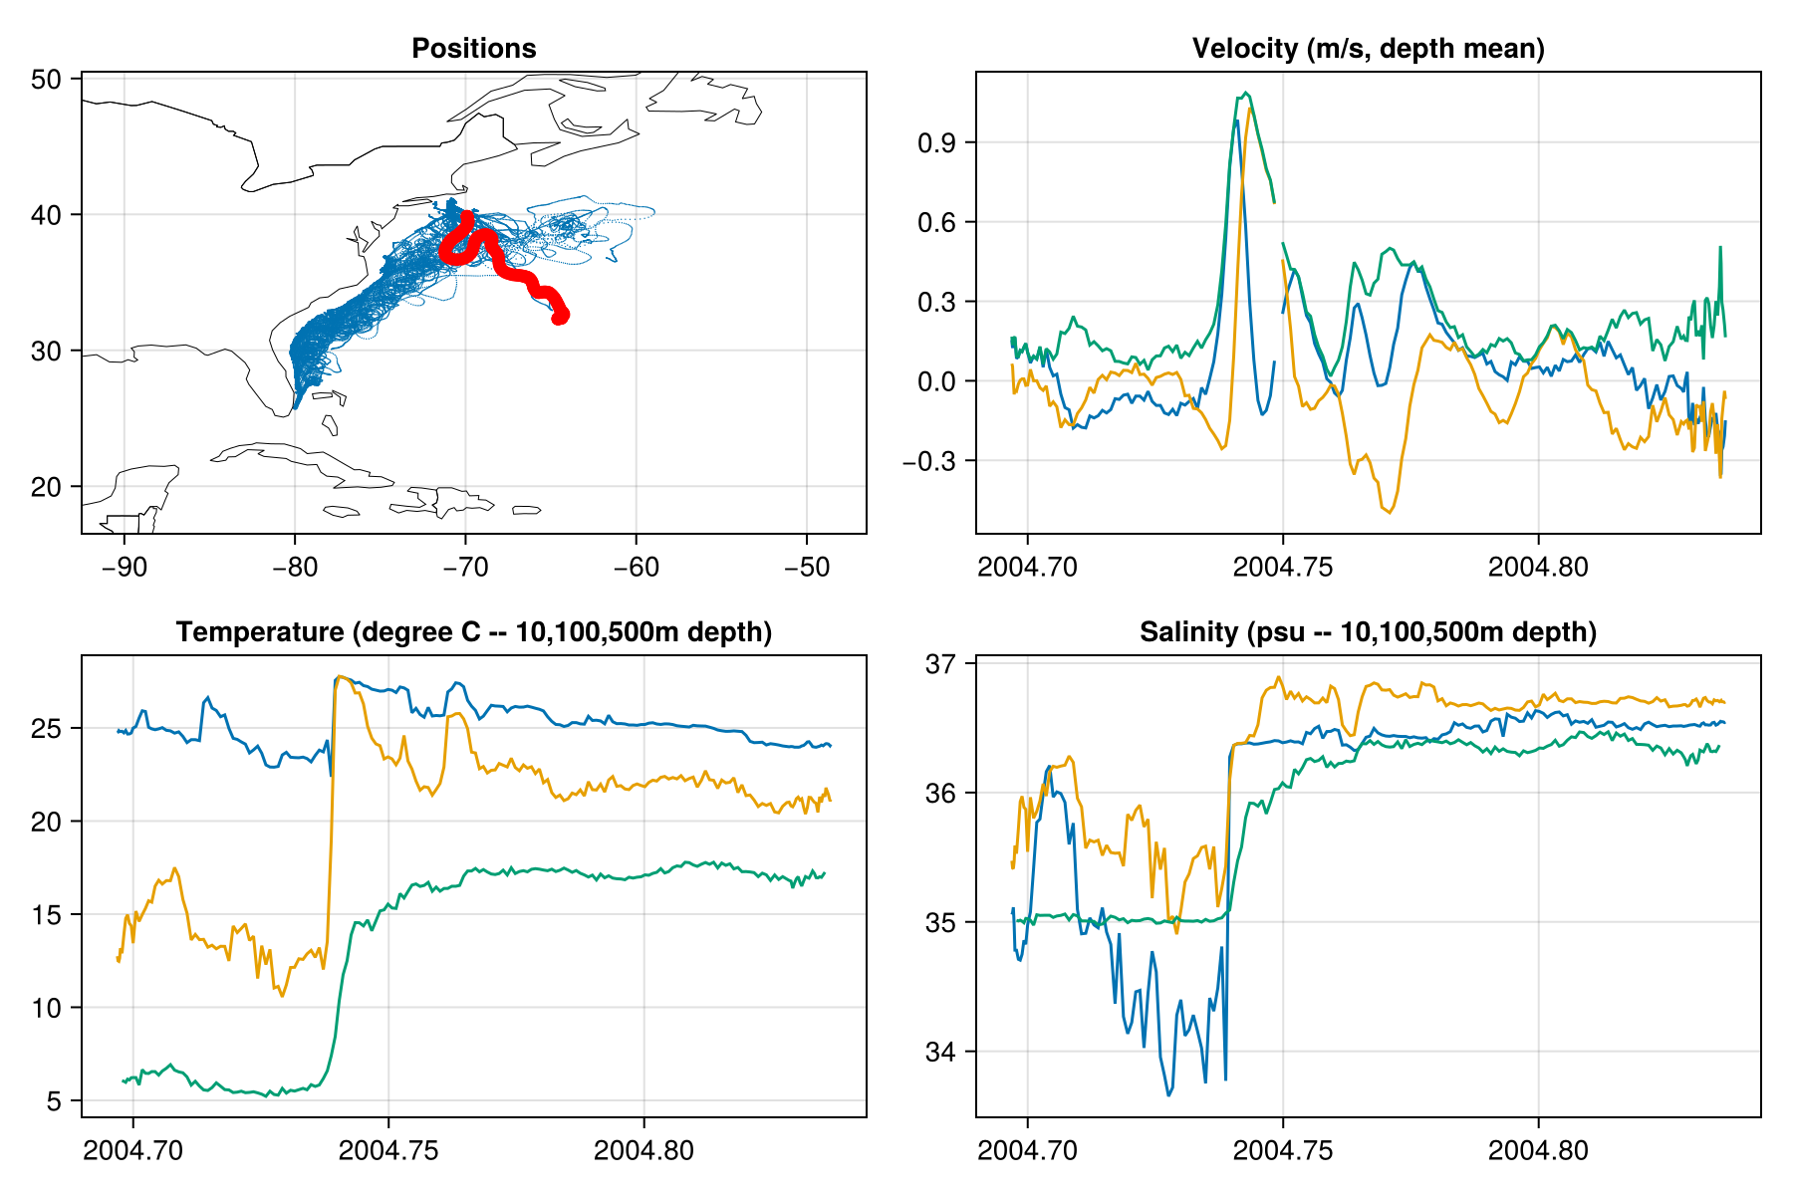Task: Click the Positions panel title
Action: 473,48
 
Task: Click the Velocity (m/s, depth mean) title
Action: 1368,48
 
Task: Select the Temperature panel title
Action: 473,631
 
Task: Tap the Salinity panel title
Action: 1368,631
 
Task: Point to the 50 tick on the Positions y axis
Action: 47,79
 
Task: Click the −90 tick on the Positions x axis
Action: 124,567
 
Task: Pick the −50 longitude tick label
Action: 806,567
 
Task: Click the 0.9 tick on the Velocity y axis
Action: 936,142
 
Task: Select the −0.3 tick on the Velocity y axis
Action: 928,461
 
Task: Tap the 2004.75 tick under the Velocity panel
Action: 1282,567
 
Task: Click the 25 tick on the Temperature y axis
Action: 47,728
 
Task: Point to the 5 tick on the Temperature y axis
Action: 54,1100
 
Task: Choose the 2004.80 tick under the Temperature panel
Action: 643,1150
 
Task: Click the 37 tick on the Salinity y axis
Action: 941,663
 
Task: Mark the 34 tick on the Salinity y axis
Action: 941,1052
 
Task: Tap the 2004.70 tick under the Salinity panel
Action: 1027,1150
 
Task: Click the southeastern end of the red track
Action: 560,316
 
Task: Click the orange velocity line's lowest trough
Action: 1390,512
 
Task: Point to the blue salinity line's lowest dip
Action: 1169,1095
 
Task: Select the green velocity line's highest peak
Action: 1246,93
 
